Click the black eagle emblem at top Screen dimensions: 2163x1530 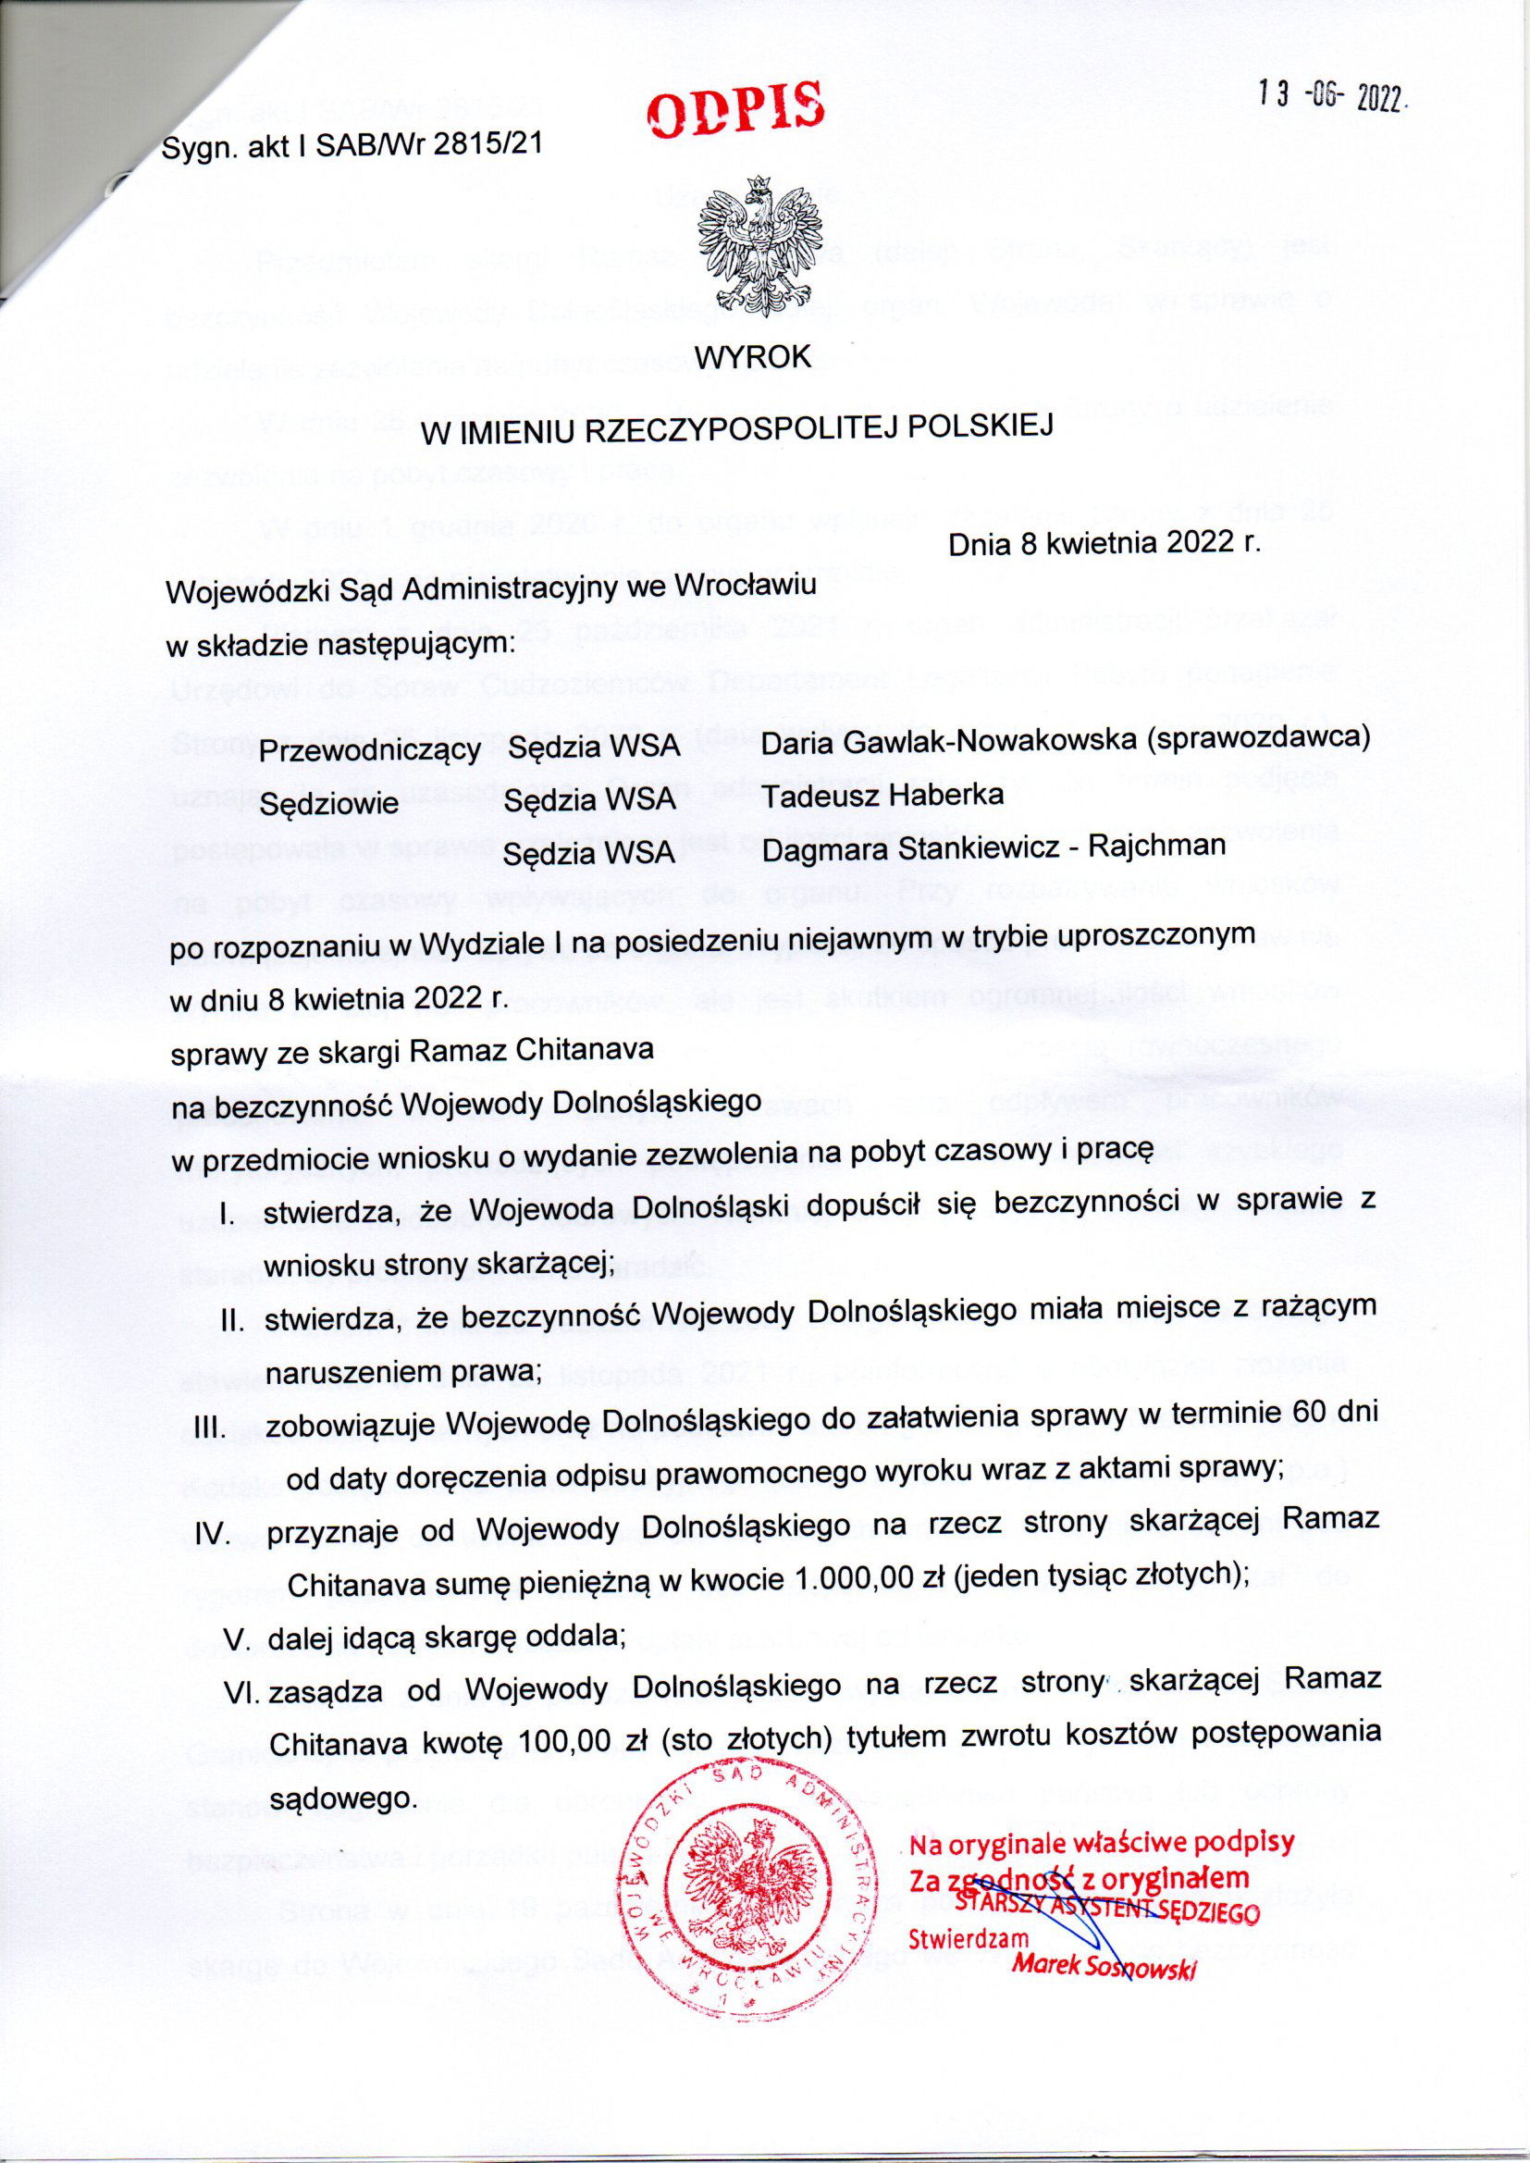[x=759, y=248]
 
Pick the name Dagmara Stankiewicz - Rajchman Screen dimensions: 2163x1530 [x=993, y=846]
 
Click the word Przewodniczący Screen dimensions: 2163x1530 [x=370, y=751]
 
